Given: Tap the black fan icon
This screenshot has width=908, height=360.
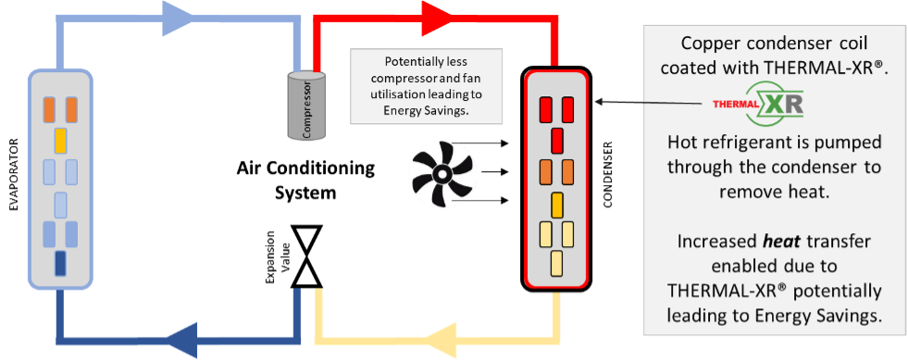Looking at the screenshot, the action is [442, 173].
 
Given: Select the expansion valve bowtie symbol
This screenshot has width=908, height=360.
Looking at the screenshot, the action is [307, 255].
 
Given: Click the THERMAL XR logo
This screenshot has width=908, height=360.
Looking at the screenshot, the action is [758, 105].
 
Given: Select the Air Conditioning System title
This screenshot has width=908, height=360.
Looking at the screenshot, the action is [305, 180].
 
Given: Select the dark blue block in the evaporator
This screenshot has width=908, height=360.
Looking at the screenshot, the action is [60, 264].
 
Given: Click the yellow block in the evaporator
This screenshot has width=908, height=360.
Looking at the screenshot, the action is [60, 141].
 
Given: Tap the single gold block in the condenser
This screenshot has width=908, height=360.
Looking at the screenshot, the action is [556, 204].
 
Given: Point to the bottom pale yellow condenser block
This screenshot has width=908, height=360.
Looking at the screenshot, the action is [556, 264].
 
